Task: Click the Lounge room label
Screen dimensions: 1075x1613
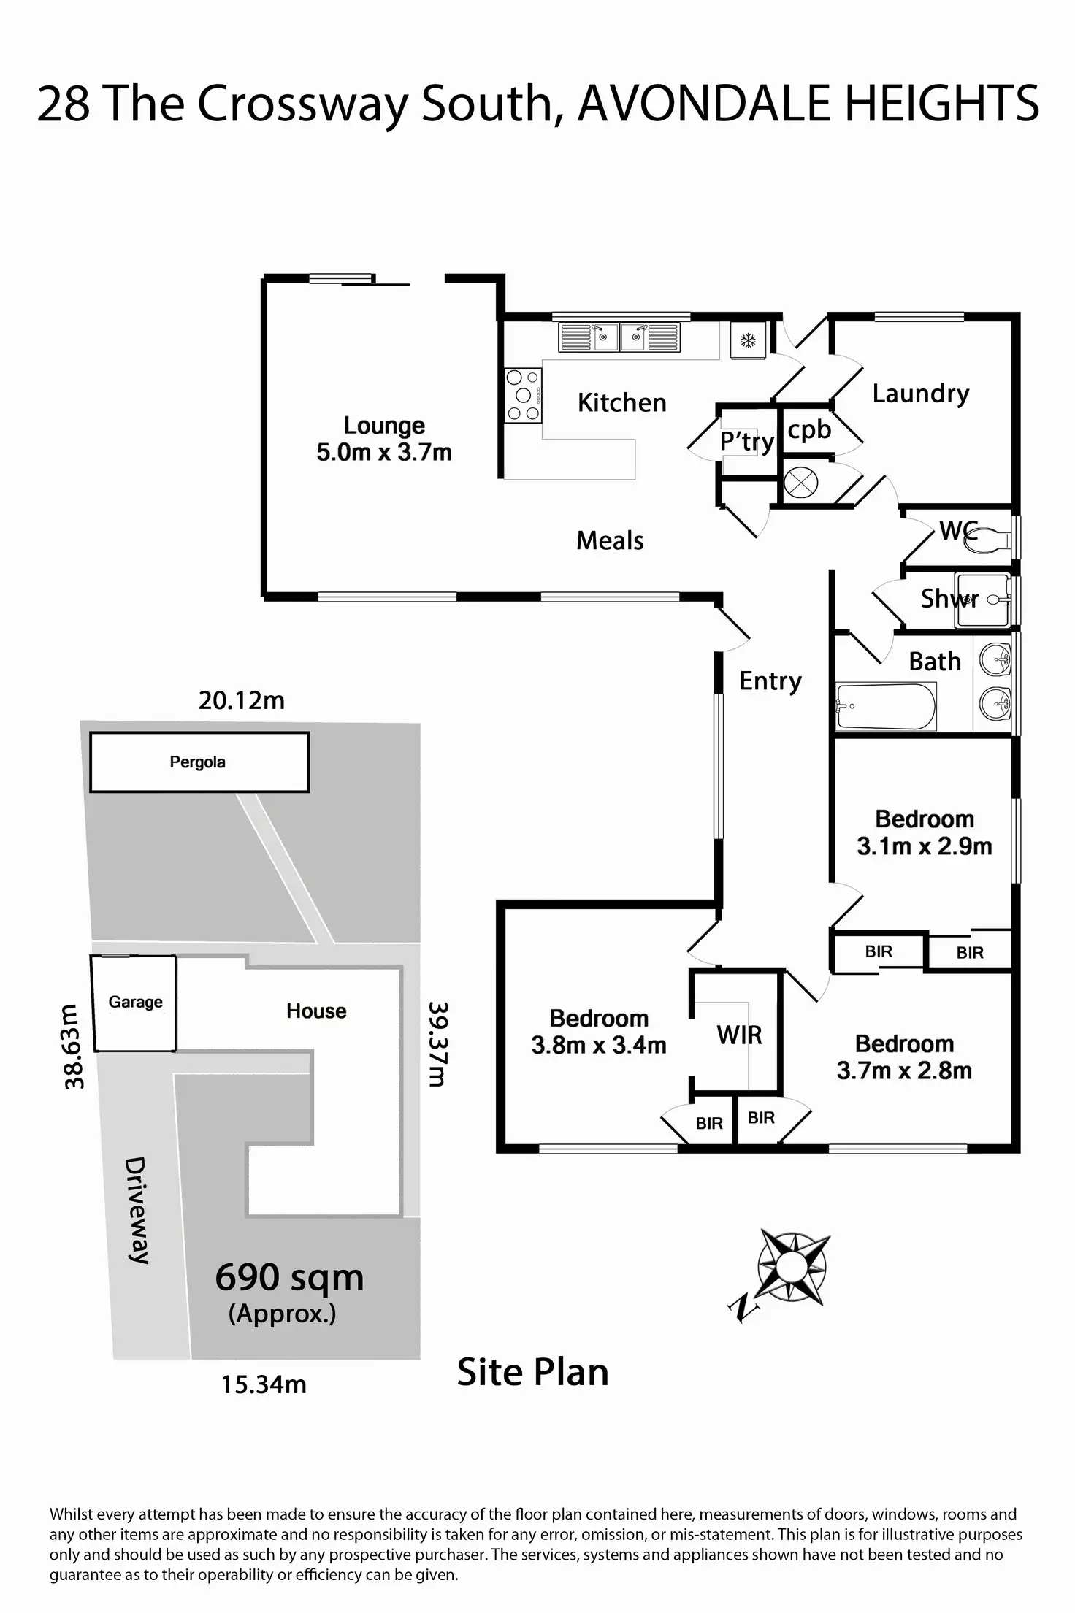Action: pyautogui.click(x=384, y=425)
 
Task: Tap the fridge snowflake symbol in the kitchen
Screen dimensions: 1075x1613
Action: pyautogui.click(x=748, y=340)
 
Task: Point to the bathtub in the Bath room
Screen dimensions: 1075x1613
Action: pyautogui.click(x=886, y=706)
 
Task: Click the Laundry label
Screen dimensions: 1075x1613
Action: pyautogui.click(x=921, y=394)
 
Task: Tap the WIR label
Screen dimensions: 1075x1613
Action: pyautogui.click(x=739, y=1035)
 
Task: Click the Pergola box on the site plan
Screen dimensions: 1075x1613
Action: pyautogui.click(x=199, y=762)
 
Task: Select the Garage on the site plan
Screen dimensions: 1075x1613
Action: pyautogui.click(x=134, y=1003)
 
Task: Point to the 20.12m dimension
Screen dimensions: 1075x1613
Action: pyautogui.click(x=242, y=700)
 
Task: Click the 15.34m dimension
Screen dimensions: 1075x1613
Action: pyautogui.click(x=264, y=1384)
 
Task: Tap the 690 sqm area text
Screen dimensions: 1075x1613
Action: pyautogui.click(x=289, y=1278)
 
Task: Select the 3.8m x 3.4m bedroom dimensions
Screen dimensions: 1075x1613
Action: pyautogui.click(x=599, y=1045)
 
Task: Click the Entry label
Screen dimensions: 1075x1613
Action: pyautogui.click(x=770, y=681)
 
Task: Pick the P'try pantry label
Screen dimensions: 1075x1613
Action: pyautogui.click(x=746, y=441)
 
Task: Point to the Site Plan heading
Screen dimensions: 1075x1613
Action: pyautogui.click(x=532, y=1372)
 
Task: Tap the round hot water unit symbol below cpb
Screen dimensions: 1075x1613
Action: pyautogui.click(x=800, y=482)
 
